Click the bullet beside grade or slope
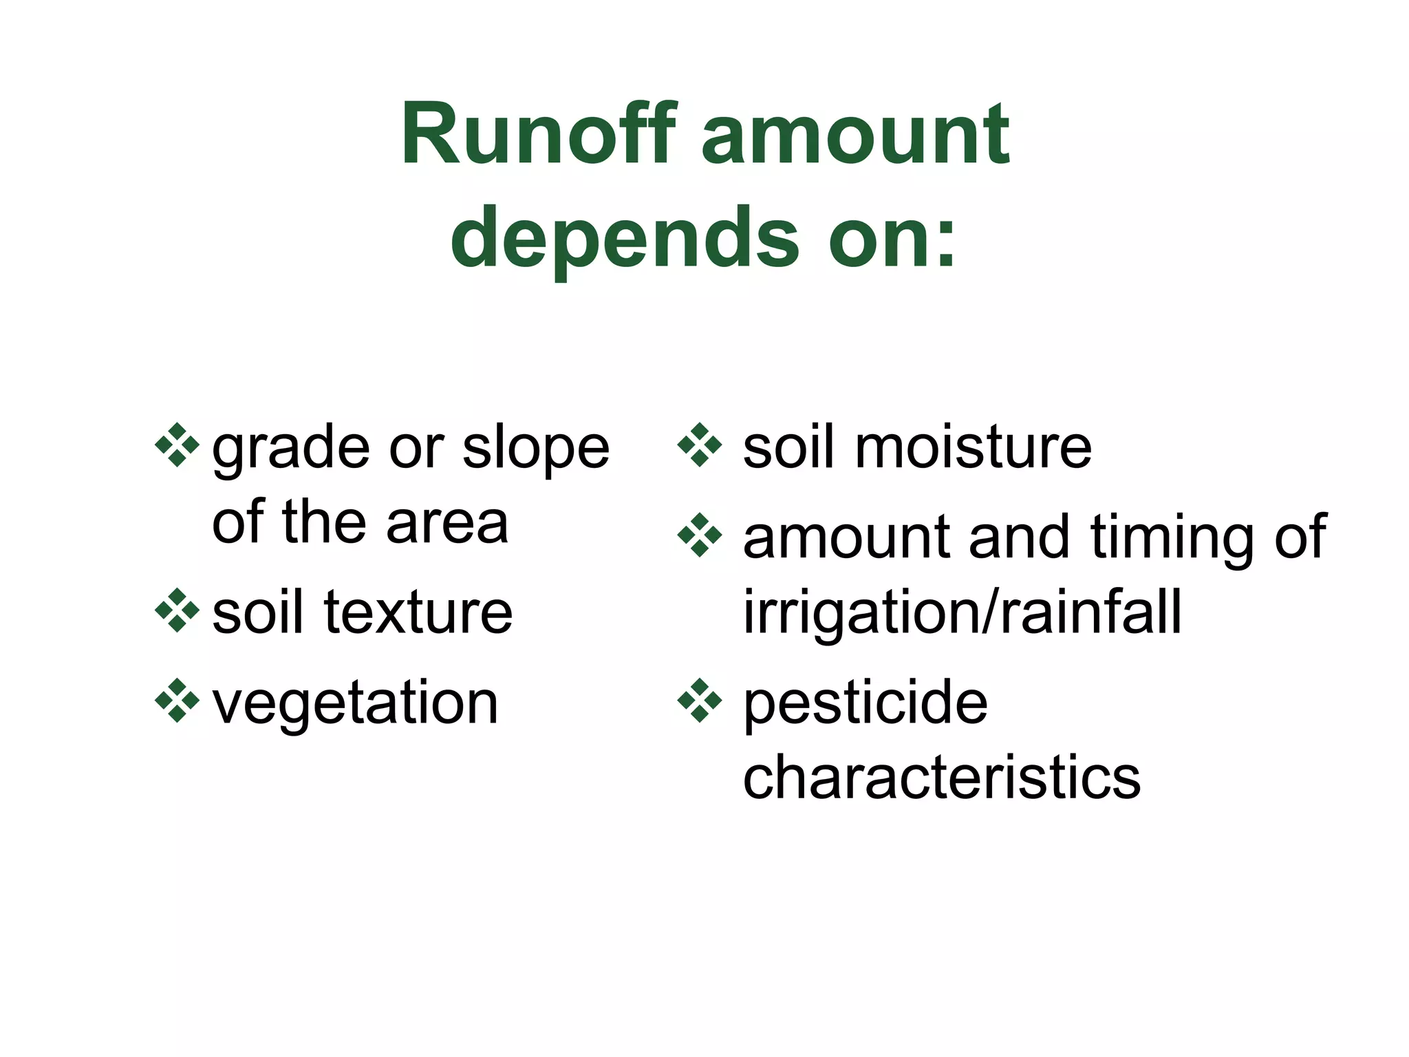click(x=177, y=445)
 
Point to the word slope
click(x=536, y=448)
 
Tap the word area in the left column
click(x=447, y=523)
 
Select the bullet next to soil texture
click(x=177, y=610)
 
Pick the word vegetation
click(x=355, y=704)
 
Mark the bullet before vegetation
click(x=177, y=701)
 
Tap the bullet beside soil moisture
click(x=700, y=445)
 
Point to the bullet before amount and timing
click(x=700, y=535)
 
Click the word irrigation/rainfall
click(x=962, y=612)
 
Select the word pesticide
click(x=865, y=704)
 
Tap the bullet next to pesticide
click(x=700, y=701)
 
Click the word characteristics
click(x=942, y=778)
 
